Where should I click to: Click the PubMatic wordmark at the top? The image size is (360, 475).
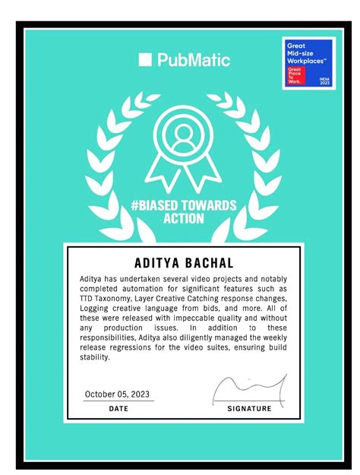click(194, 59)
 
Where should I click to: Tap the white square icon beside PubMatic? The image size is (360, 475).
click(146, 59)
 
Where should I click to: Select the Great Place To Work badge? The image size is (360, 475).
click(306, 63)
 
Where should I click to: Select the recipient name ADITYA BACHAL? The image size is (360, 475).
click(184, 262)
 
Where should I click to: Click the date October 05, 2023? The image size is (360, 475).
click(118, 394)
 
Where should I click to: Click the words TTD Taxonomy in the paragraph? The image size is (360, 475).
click(107, 299)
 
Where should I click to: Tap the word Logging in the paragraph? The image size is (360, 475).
click(95, 309)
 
